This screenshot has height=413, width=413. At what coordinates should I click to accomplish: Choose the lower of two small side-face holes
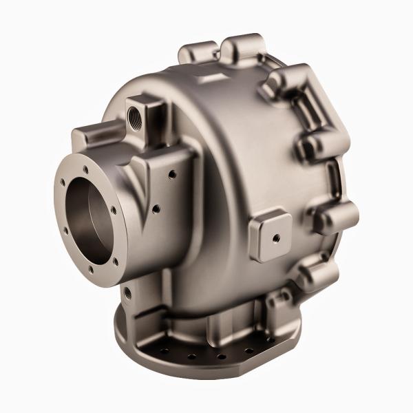(157, 206)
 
